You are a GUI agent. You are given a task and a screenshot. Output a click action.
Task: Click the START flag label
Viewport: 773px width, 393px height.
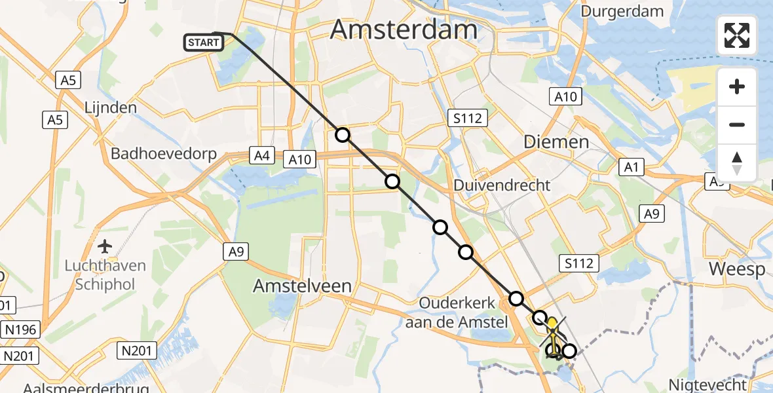(x=204, y=43)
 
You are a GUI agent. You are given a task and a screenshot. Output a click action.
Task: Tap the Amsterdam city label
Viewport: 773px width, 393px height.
(x=404, y=30)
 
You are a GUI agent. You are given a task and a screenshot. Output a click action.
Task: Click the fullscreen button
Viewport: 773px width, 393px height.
(x=737, y=35)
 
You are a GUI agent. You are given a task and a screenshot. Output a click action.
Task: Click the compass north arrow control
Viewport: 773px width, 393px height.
(x=737, y=162)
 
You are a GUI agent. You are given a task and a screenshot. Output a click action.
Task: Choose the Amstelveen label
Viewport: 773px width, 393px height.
(x=303, y=286)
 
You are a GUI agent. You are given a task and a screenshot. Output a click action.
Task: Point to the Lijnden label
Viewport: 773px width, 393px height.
(x=111, y=107)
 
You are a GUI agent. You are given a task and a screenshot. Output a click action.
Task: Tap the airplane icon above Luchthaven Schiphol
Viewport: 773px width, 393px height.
(x=105, y=247)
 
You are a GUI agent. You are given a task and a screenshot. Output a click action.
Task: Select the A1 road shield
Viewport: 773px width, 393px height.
(x=631, y=168)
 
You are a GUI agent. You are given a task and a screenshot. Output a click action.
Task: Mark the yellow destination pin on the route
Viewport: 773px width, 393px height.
(x=552, y=325)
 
